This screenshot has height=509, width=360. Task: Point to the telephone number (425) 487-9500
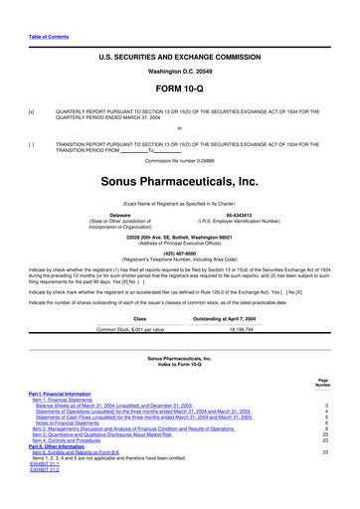click(180, 253)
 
